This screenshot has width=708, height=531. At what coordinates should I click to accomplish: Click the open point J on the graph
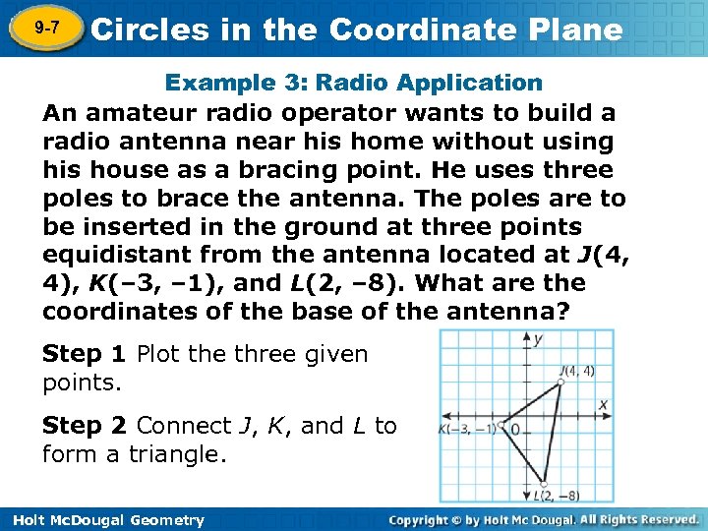pyautogui.click(x=561, y=382)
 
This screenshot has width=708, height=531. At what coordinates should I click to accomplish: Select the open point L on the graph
pyautogui.click(x=544, y=483)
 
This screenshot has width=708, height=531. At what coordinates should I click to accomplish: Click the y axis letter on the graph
pyautogui.click(x=538, y=339)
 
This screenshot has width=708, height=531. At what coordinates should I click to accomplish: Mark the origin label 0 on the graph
pyautogui.click(x=514, y=432)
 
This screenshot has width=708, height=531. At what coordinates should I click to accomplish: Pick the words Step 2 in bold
pyautogui.click(x=86, y=426)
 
